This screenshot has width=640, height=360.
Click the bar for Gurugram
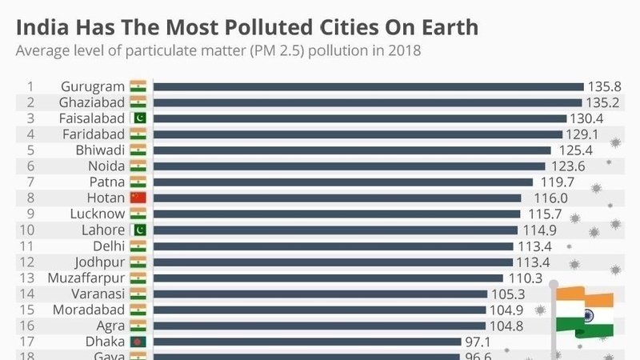[368, 86]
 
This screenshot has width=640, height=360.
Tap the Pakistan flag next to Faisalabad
[138, 118]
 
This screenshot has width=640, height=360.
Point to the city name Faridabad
[94, 134]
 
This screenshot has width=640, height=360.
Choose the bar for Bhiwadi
[352, 150]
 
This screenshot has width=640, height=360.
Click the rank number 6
[30, 166]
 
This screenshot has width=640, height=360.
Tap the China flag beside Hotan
[138, 198]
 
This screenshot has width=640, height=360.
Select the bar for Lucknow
[337, 214]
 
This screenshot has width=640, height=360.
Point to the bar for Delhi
[333, 246]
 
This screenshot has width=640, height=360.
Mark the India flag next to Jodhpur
[138, 262]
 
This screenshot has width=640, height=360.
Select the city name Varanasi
[97, 294]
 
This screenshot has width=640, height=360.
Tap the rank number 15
[30, 310]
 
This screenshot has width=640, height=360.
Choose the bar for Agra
[319, 326]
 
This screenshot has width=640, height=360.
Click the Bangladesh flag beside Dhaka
[138, 342]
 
